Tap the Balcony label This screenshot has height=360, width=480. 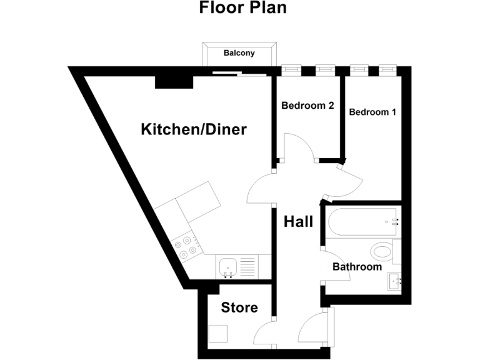239,53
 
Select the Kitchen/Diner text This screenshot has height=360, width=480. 194,130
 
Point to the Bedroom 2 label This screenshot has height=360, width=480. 307,106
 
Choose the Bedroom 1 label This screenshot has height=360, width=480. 372,112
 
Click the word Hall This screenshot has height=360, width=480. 298,221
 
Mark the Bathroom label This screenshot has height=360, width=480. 356,267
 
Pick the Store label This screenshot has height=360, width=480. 239,307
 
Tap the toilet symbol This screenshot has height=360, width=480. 382,252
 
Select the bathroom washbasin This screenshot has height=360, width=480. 395,281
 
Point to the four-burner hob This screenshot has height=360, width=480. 186,247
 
